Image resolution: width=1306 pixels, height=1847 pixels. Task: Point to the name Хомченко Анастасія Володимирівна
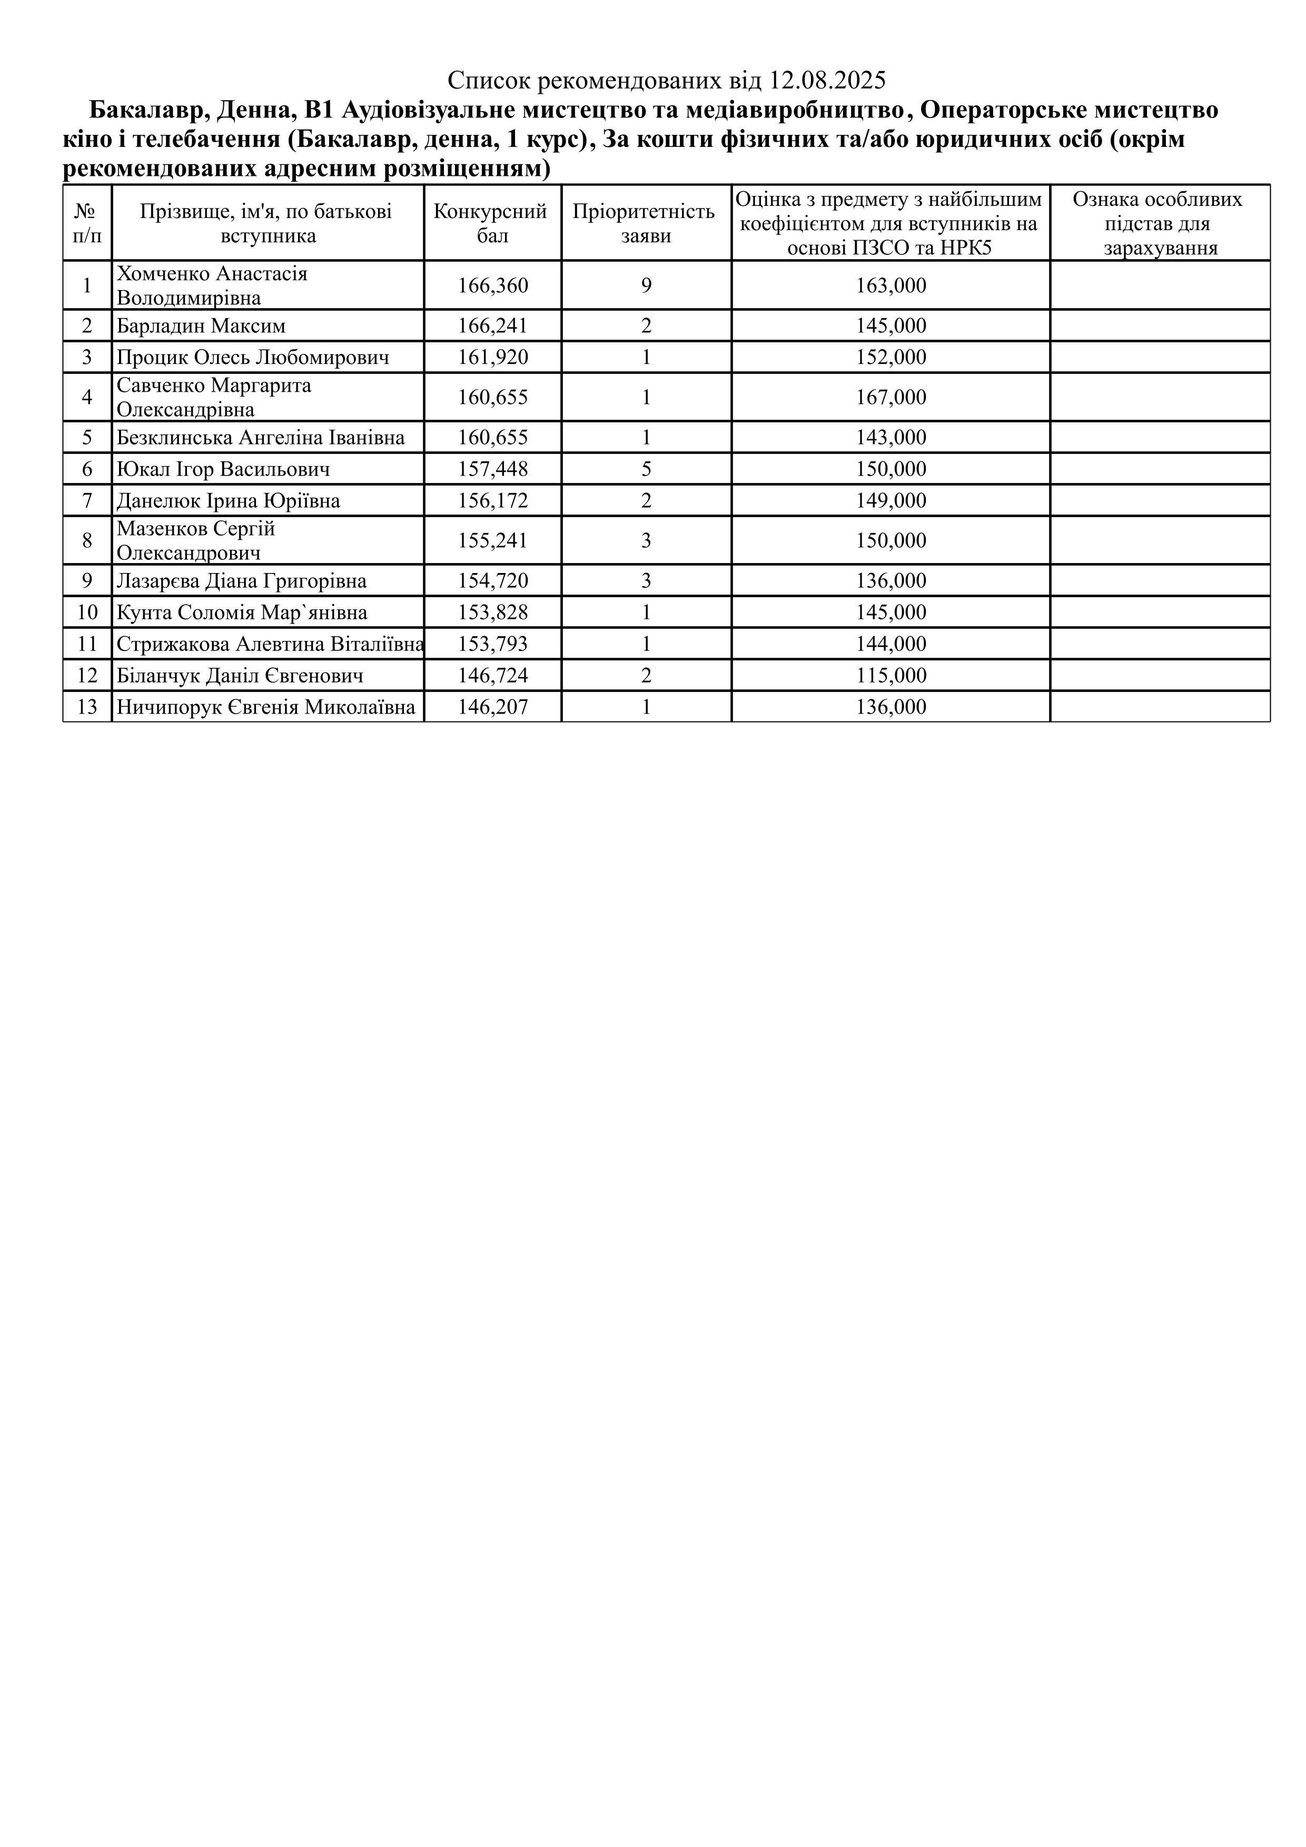pos(212,285)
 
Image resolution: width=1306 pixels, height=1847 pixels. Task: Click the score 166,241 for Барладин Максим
pos(493,326)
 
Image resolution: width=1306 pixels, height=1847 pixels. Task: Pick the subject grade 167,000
pos(891,398)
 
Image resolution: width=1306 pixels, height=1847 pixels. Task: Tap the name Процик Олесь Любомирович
pos(253,357)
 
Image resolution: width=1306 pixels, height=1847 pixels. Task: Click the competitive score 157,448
pos(493,469)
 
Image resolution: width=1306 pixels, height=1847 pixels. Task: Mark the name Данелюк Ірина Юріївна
pos(229,501)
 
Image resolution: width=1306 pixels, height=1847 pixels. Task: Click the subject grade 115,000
pos(891,676)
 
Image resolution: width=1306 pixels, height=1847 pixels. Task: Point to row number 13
pos(87,707)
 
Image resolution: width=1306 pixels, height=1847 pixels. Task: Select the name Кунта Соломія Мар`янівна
pos(242,613)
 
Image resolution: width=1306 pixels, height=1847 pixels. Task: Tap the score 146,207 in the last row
pos(493,707)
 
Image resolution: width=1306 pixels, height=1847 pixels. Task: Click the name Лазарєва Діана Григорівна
pos(241,581)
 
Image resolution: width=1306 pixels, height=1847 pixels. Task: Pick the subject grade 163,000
pos(891,285)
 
